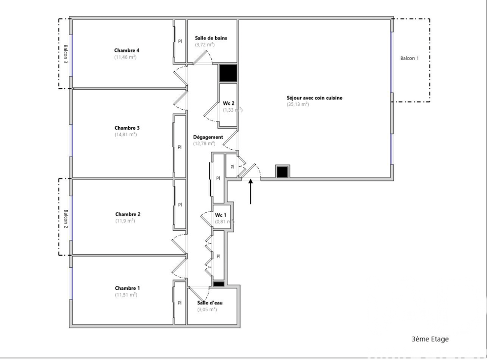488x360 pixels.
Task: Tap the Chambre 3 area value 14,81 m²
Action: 125,135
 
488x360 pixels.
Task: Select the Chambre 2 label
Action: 128,214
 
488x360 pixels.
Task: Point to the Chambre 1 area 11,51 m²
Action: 126,295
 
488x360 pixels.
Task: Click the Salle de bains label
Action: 211,38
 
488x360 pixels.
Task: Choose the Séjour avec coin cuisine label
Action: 314,98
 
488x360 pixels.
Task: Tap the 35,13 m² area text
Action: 298,104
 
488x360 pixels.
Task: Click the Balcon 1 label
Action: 409,58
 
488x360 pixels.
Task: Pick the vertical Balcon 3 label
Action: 65,54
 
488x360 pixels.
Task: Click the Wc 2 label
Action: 229,103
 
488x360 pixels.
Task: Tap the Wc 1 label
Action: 221,215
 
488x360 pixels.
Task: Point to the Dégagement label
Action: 208,137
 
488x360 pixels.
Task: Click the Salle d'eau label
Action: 210,303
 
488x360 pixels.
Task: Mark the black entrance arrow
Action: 251,192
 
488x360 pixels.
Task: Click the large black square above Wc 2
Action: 227,73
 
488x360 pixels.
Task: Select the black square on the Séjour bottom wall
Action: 283,172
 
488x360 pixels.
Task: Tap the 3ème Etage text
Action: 430,339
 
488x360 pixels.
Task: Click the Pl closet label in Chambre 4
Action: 180,41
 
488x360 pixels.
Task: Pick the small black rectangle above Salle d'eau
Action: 218,284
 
